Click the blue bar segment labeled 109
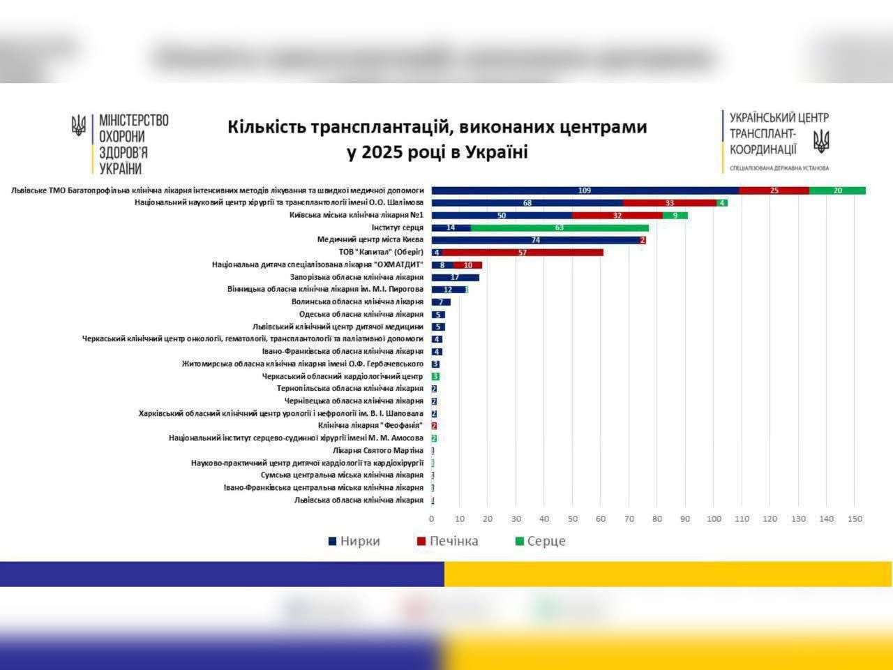point(585,191)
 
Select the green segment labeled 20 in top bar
point(837,191)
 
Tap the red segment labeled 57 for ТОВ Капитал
point(523,253)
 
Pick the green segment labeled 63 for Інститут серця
point(560,228)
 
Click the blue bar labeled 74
point(535,240)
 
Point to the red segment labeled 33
point(670,203)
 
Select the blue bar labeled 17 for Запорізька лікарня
point(455,278)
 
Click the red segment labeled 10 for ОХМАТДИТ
point(468,265)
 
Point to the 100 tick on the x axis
point(714,519)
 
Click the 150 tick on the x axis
point(855,519)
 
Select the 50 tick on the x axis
point(572,519)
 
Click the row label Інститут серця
point(397,228)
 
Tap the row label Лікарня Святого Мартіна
point(377,450)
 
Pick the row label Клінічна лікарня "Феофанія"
point(370,426)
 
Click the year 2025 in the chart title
point(381,152)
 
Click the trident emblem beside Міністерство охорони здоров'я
point(79,126)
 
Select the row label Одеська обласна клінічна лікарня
point(361,315)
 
